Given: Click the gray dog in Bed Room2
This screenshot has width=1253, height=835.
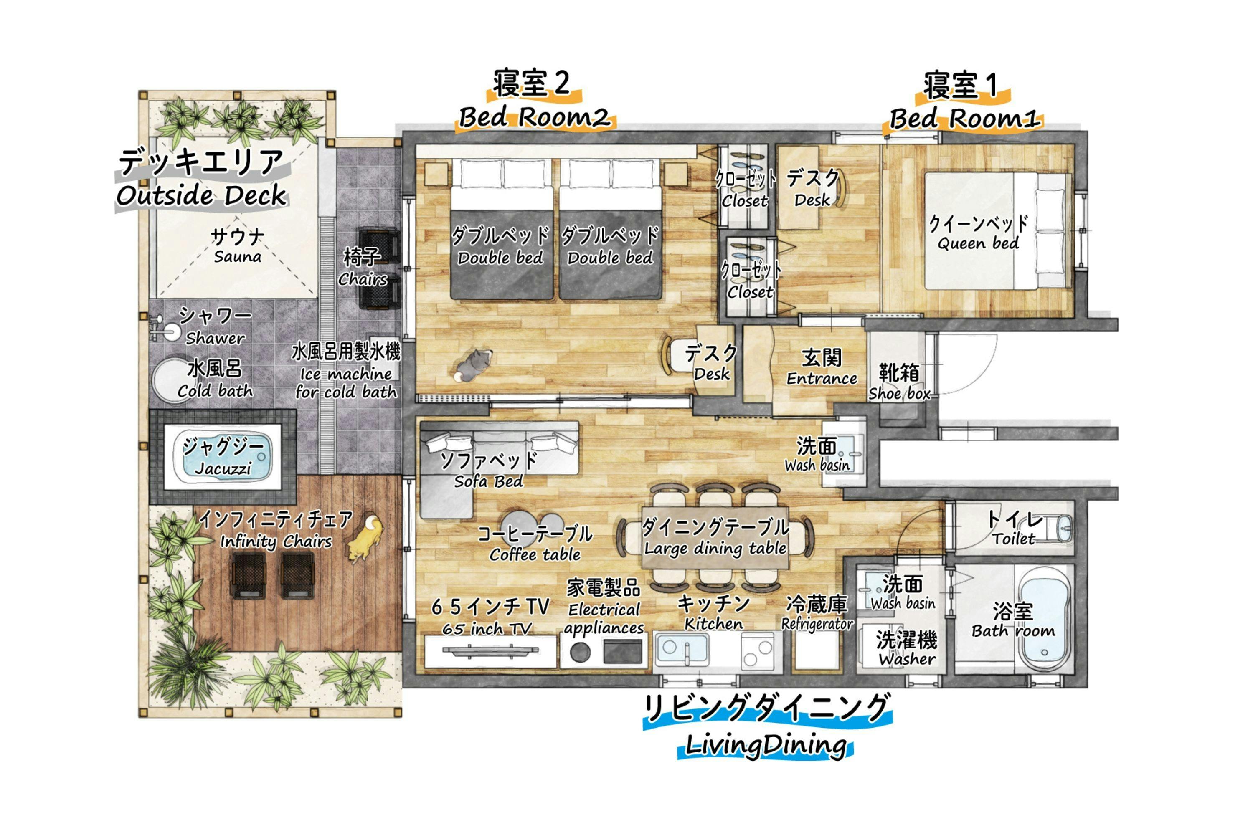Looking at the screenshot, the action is click(472, 365).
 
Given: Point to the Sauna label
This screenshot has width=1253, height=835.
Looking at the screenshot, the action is click(238, 256).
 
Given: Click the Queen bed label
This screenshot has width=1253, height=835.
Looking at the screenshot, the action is click(978, 243).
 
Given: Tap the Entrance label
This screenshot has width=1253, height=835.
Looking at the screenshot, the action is click(822, 378).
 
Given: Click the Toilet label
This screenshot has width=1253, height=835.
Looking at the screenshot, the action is click(1013, 539).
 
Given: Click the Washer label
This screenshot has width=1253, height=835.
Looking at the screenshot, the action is click(907, 659).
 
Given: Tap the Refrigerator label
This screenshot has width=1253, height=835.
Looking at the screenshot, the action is click(817, 624).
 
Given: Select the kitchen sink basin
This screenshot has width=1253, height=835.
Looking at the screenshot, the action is click(681, 649).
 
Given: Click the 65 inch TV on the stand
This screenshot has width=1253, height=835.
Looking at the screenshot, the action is click(491, 650).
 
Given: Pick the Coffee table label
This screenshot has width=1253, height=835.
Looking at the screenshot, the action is click(535, 554).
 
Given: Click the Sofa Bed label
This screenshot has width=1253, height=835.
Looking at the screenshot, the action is click(489, 481).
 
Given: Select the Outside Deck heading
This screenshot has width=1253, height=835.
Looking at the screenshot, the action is click(201, 195).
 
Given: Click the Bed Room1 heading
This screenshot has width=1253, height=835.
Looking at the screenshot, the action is click(965, 118).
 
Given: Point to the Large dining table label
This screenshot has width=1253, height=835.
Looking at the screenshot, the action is click(715, 548).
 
